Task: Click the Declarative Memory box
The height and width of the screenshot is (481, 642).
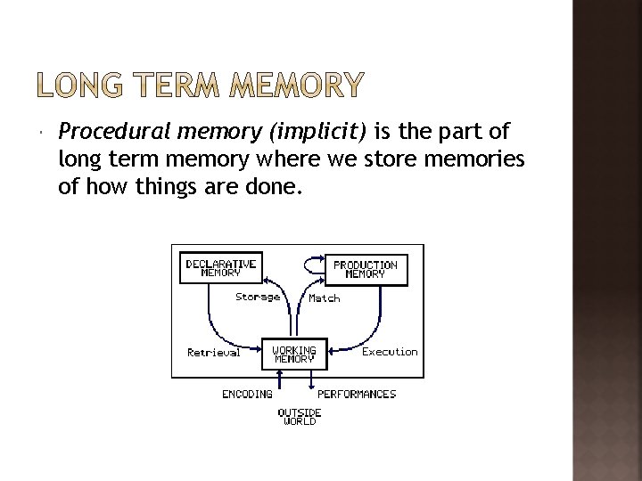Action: coord(220,268)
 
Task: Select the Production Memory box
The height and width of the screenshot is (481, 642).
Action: coord(365,269)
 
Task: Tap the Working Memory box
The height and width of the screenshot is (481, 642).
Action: coord(293,354)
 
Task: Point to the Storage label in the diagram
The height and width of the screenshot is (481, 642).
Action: coord(258,297)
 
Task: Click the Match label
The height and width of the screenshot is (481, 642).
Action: coord(324,298)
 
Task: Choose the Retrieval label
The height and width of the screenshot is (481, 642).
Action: coord(213,352)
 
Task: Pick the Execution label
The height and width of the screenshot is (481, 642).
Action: coord(390,351)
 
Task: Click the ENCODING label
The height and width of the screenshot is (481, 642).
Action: coord(247,393)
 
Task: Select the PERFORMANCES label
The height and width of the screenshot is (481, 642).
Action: coord(357,393)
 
